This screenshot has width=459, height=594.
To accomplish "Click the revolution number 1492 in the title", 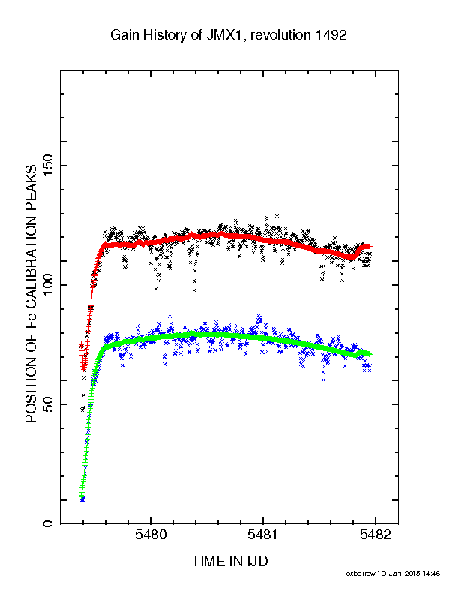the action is coord(331,35).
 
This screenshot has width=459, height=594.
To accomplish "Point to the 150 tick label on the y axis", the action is coord(49,166).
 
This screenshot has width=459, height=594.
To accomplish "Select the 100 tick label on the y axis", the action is coord(49,285).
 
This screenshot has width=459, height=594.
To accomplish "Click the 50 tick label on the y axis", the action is coord(49,404).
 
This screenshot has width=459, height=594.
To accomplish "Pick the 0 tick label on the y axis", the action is coord(49,524).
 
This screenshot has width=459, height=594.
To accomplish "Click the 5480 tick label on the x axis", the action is coord(151,535).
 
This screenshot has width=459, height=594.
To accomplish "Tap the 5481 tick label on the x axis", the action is coord(262,535).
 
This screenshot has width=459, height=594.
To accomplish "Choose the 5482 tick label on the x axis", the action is coord(375,535).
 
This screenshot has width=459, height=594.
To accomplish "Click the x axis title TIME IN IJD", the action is coord(229,561).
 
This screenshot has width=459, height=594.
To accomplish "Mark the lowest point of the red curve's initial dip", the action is coord(84,368).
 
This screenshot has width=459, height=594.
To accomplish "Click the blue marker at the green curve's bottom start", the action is coord(82,500).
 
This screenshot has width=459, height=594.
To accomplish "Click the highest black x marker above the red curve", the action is coord(277,216).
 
